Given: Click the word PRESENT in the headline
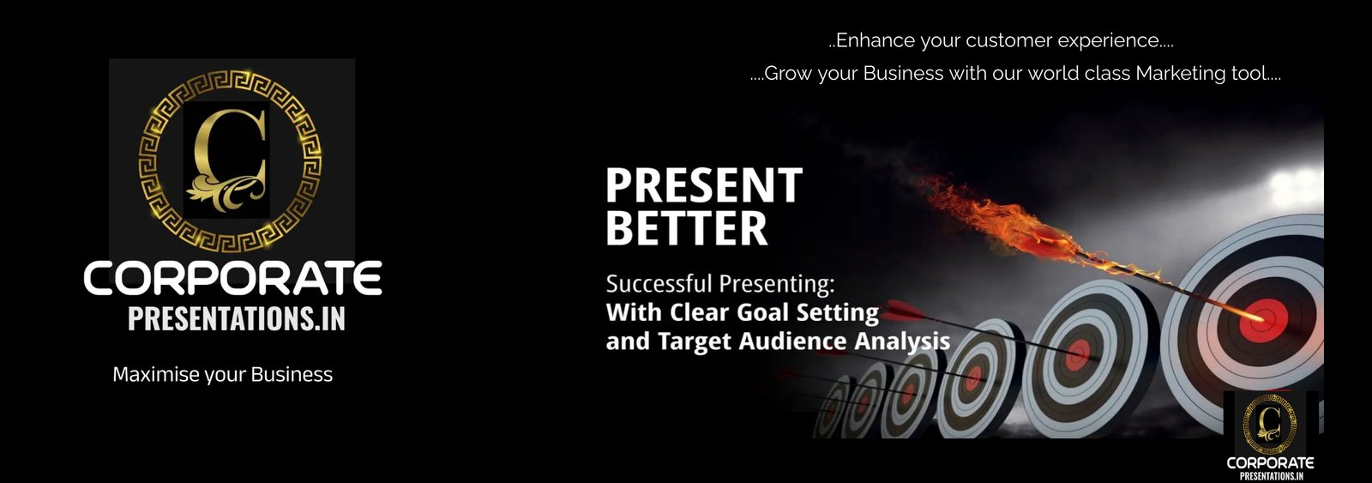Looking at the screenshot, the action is (704, 184).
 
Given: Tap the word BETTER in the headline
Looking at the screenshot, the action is (687, 228).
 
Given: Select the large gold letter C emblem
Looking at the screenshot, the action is (230, 161).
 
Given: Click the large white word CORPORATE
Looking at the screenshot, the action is (232, 278).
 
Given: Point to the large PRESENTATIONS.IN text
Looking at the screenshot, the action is (237, 319).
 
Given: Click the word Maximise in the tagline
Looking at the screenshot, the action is (156, 374).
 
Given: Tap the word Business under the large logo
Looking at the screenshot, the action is (292, 374).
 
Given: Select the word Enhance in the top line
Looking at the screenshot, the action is (876, 40).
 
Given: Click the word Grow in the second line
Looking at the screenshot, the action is (788, 74).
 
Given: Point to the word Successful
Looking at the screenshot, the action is (659, 284).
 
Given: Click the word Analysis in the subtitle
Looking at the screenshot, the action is (902, 342).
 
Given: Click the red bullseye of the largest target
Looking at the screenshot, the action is (1263, 320).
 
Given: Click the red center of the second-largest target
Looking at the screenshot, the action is (1077, 355).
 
